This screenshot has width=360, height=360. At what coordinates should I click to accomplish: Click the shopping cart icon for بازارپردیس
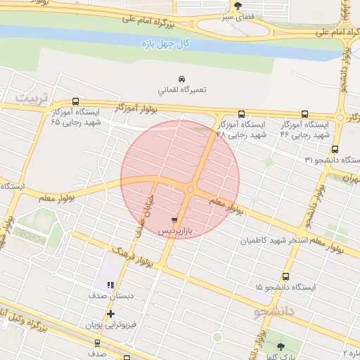[x=174, y=219]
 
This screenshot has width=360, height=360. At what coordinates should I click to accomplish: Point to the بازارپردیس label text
[x=174, y=231]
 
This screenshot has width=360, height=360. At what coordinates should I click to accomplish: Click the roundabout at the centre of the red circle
[x=191, y=188]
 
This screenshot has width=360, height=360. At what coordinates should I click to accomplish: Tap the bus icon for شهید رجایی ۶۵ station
[x=76, y=101]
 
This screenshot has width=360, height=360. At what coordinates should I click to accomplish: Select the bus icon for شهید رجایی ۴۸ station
[x=242, y=114]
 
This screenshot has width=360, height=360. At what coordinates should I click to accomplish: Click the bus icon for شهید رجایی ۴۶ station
[x=304, y=114]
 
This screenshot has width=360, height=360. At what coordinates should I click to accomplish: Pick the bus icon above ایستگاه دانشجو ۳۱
[x=335, y=149]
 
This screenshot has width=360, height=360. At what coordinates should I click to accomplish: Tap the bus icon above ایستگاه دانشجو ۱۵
[x=285, y=276]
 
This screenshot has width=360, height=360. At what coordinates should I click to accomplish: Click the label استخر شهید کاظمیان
[x=274, y=241]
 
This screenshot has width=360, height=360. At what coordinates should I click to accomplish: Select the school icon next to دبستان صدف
[x=110, y=285]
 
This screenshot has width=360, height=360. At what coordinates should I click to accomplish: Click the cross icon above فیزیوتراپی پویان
[x=110, y=314]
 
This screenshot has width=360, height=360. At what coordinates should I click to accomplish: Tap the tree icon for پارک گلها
[x=281, y=346]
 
